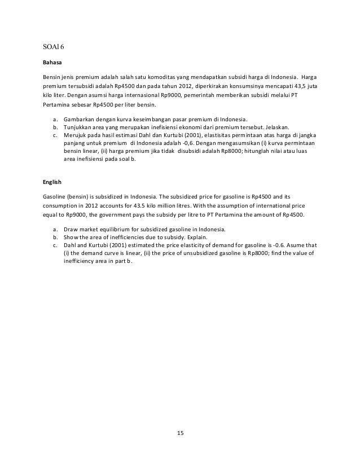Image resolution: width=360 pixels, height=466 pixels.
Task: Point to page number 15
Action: [x=179, y=433]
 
